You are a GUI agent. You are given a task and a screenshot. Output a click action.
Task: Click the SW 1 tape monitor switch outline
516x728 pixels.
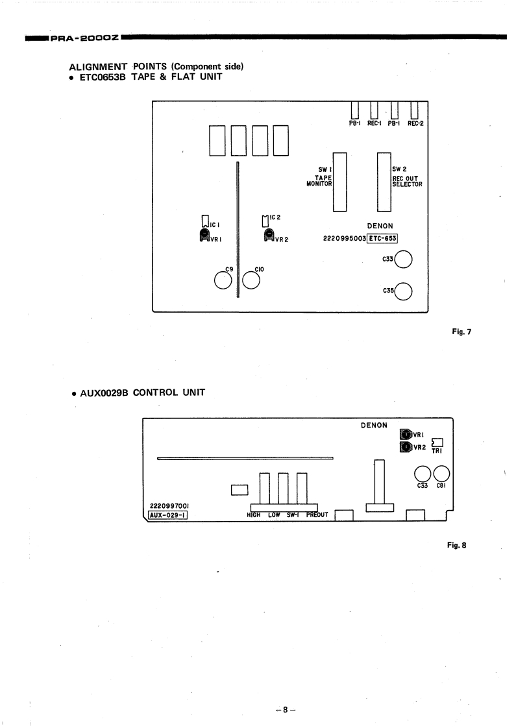(339, 182)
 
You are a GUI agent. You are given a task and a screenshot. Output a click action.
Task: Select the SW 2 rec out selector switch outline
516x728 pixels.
(384, 182)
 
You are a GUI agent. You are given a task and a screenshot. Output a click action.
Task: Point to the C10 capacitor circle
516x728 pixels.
(252, 280)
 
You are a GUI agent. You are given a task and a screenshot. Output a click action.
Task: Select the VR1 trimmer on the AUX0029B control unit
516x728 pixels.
(406, 435)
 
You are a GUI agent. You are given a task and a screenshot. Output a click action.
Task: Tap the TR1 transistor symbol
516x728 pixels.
(437, 443)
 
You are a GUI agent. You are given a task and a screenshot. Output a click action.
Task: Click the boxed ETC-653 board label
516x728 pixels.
(382, 238)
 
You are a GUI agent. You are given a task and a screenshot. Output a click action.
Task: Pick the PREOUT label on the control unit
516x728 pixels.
(317, 515)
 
